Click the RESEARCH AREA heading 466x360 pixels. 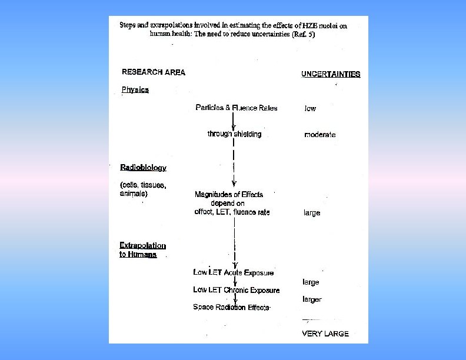[153, 72]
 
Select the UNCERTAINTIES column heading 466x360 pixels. [331, 74]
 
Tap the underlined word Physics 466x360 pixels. [135, 90]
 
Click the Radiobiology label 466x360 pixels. [143, 168]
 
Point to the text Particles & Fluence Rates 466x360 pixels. [237, 108]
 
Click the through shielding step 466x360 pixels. [234, 134]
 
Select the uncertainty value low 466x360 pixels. [310, 108]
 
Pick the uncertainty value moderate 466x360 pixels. [319, 135]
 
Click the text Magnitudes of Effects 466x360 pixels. [229, 194]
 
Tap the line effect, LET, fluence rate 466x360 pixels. [232, 212]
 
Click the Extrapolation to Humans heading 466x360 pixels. [142, 250]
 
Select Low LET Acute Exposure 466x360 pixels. [233, 272]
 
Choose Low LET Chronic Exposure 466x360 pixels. [236, 290]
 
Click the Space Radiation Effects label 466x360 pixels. [231, 307]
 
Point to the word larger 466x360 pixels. [312, 299]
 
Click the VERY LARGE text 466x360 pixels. [325, 334]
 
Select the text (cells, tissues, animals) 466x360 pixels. [143, 189]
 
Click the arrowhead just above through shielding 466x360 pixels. [234, 127]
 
